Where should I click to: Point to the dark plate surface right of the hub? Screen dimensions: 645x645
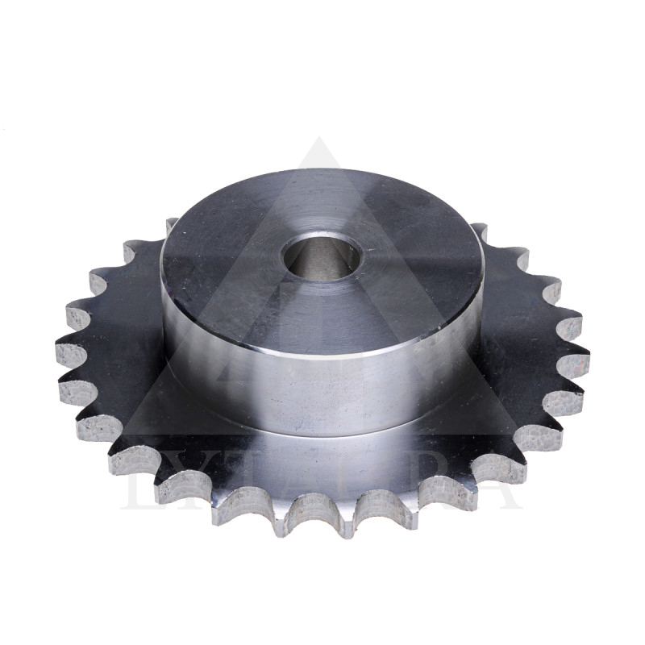(516, 339)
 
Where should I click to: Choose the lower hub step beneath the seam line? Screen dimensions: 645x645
(322, 451)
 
